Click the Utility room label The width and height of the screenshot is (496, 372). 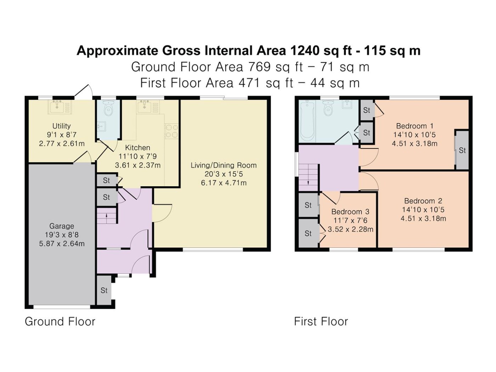coord(61,126)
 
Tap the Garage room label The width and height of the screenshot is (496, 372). coord(61,226)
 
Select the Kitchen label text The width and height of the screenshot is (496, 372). coord(137,148)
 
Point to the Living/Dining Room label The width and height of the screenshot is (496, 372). coord(224,165)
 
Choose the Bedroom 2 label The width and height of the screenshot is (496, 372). coord(423,201)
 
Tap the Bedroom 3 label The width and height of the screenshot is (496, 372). coord(350,212)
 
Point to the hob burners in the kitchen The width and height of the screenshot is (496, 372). coord(171,131)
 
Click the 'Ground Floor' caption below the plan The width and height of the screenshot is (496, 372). coord(60,322)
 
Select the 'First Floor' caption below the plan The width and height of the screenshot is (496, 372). coord(321,322)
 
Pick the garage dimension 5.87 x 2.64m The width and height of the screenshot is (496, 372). coord(62,244)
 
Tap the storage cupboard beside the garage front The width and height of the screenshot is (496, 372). coord(104,290)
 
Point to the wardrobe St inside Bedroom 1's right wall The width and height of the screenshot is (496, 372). coord(462,150)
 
